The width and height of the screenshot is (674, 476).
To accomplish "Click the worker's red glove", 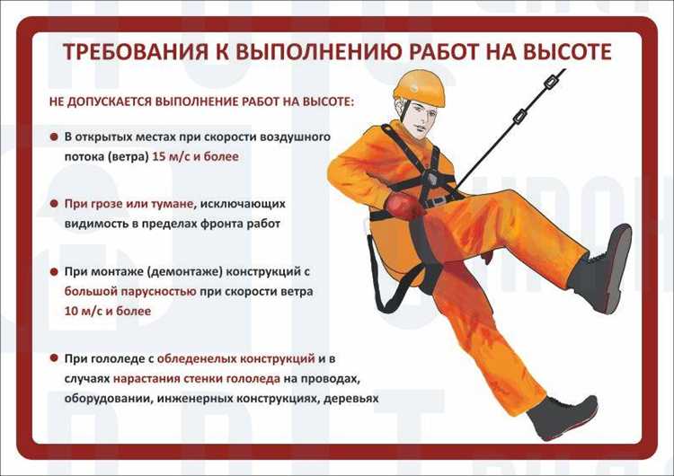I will point(403,207).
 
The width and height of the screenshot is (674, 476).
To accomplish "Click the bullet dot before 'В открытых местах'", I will point(55,137).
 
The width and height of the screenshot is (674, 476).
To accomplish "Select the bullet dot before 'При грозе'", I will point(55,204).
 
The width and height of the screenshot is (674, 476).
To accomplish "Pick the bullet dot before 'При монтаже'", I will point(55,270).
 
